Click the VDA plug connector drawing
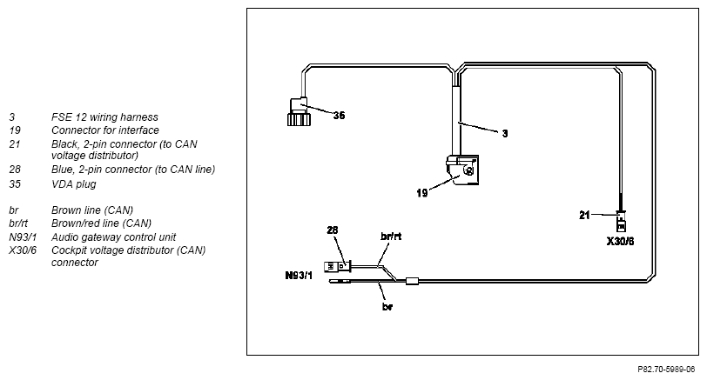click(299, 111)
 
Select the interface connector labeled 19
click(462, 170)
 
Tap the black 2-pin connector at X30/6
click(621, 221)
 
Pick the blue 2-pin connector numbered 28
click(337, 267)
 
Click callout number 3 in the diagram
click(504, 133)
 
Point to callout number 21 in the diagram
click(584, 215)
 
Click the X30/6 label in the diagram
click(620, 242)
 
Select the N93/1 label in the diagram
click(299, 275)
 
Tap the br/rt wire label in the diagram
click(391, 236)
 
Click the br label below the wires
click(387, 307)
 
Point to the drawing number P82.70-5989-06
click(666, 370)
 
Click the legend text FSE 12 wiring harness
click(104, 117)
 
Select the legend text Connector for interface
click(105, 130)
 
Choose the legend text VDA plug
click(73, 184)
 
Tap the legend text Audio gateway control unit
click(113, 237)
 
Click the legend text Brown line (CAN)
click(92, 210)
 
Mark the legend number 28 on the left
click(15, 170)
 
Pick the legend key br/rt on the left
click(18, 223)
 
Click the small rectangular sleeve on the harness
click(412, 281)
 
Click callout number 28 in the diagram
click(333, 230)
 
